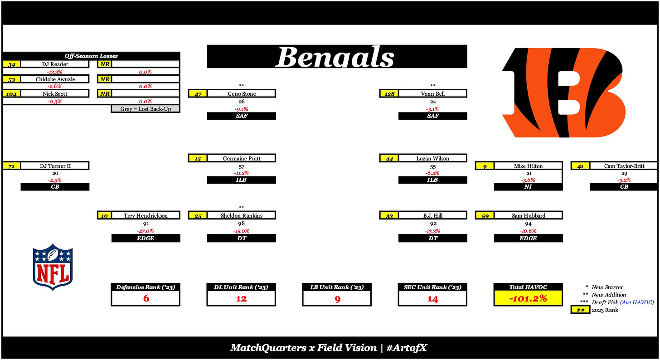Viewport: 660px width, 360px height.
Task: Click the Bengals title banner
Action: coord(337,57)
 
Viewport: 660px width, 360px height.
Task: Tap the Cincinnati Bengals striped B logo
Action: coord(564,92)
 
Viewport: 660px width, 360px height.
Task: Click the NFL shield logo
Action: coord(53,267)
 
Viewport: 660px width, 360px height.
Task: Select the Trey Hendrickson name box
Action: coord(146,215)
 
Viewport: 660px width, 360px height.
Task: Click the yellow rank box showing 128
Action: coord(389,93)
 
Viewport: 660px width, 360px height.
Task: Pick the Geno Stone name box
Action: coord(241,93)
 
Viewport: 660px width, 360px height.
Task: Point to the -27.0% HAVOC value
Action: coord(146,230)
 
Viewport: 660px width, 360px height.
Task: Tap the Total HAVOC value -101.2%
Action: coord(528,298)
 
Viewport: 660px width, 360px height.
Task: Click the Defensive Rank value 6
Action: coord(146,298)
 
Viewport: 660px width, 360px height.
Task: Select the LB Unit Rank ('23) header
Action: coord(337,287)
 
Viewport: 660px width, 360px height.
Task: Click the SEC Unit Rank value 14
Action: coord(432,298)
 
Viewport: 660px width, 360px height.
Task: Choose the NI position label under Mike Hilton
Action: coord(528,187)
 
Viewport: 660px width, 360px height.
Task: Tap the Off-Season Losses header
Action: coord(91,56)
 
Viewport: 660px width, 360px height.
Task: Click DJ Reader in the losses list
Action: coord(54,64)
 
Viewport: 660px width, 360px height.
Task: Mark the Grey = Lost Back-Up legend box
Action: coord(146,109)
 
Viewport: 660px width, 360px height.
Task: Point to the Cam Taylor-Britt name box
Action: coord(624,166)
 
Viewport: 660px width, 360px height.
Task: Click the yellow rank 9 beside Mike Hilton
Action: coord(485,166)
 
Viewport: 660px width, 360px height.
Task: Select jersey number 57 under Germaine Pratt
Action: coord(241,166)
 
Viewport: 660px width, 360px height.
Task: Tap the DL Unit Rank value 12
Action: coord(241,298)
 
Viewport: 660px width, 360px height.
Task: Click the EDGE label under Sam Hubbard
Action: coord(528,238)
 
